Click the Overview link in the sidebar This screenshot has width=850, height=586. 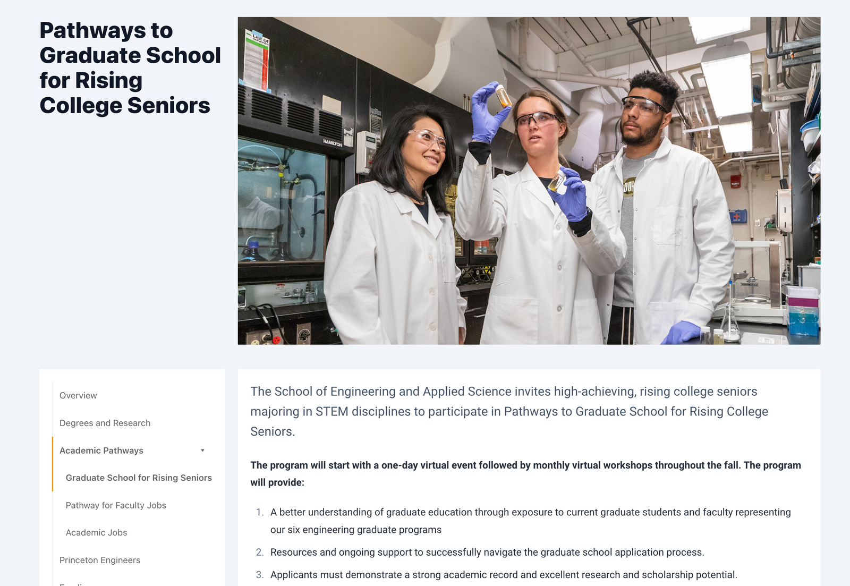click(78, 395)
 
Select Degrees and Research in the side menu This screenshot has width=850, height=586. click(105, 423)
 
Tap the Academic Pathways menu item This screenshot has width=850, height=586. click(101, 451)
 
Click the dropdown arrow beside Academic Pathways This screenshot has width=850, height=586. click(202, 451)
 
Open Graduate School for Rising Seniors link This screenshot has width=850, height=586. click(139, 478)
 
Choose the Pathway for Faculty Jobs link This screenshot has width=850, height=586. click(116, 505)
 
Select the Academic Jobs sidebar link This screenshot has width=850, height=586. click(96, 532)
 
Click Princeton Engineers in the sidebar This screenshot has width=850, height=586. click(100, 560)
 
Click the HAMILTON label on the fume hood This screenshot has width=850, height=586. click(333, 143)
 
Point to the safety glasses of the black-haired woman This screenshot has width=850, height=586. click(428, 138)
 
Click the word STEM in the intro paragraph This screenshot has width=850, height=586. click(331, 412)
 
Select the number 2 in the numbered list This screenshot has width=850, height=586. click(259, 553)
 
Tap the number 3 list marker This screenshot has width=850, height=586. click(259, 575)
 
